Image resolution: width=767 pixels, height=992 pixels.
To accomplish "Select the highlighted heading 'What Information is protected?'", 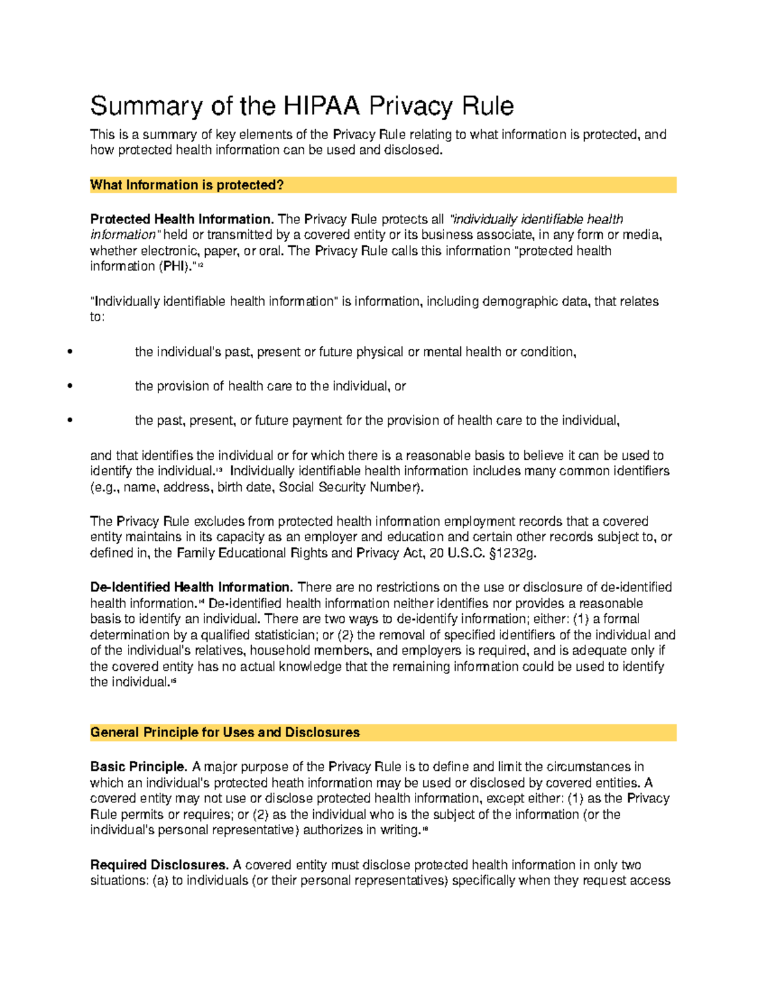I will click(x=187, y=185).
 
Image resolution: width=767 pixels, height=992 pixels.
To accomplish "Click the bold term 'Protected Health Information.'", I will click(x=182, y=219).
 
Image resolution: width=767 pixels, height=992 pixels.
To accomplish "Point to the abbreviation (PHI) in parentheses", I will click(x=173, y=266).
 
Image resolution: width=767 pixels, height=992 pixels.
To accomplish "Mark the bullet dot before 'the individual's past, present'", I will click(x=70, y=352).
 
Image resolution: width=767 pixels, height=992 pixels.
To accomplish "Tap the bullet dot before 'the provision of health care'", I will click(x=70, y=386).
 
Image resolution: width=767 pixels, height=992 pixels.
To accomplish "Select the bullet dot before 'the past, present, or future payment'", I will click(x=70, y=421).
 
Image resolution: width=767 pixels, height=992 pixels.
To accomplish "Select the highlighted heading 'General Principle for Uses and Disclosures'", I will click(x=225, y=733).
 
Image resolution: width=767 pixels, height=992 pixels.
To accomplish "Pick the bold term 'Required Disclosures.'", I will click(x=159, y=865).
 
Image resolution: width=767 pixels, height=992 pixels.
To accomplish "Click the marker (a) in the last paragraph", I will click(x=160, y=881).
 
